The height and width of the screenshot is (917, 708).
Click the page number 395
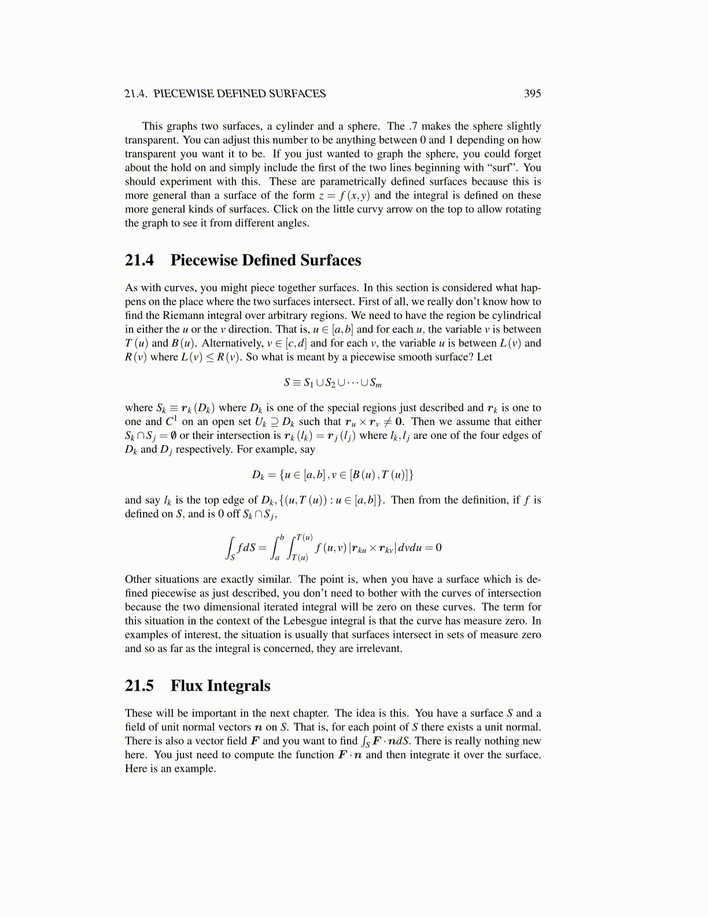point(532,94)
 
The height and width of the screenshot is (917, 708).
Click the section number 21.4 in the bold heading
point(139,261)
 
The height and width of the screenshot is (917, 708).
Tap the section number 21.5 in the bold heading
point(139,686)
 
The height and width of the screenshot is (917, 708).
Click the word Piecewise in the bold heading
point(204,261)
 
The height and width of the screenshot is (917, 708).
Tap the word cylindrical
point(513,316)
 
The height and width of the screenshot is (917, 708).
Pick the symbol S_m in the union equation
point(376,383)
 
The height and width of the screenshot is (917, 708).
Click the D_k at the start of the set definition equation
point(258,475)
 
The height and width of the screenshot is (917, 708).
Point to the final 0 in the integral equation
point(438,548)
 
